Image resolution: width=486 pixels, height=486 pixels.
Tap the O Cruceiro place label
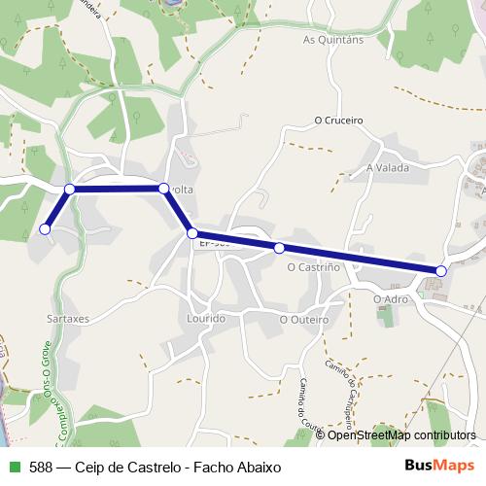coord(338,121)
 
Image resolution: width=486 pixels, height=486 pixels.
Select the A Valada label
coord(388,167)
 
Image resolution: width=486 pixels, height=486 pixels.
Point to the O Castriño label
coord(312,265)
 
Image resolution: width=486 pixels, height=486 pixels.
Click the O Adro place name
coord(391,298)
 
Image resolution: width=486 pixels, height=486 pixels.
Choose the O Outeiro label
coord(304,319)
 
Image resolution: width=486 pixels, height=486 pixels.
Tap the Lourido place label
coord(206,318)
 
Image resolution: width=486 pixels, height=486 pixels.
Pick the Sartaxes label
coord(68,318)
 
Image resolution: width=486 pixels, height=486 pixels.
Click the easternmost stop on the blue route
coord(441,270)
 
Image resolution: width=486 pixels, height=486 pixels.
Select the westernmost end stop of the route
coord(45,229)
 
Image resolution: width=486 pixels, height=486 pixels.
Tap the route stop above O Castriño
coord(279,248)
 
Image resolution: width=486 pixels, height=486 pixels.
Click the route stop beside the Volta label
coord(163,188)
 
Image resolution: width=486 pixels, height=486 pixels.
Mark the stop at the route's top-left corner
coord(69,189)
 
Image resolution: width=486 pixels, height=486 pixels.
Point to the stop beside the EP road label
coord(192,233)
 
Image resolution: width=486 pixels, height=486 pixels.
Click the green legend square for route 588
coord(14,467)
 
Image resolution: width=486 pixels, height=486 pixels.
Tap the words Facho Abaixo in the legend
coord(235,467)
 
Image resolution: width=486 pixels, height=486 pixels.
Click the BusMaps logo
coord(438,466)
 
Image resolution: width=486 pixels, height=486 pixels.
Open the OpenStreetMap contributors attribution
coord(401,435)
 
